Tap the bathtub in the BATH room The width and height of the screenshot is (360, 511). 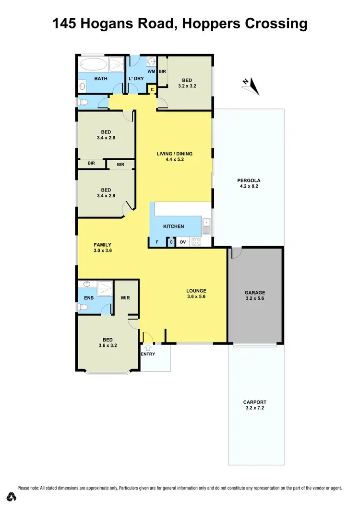pyautogui.click(x=94, y=64)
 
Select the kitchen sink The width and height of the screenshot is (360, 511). pyautogui.click(x=206, y=226)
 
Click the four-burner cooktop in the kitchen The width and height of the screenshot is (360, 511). pyautogui.click(x=196, y=242)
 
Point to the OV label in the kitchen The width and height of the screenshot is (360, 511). pyautogui.click(x=182, y=242)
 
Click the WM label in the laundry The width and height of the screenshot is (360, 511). pyautogui.click(x=151, y=71)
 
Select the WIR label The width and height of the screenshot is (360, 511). pyautogui.click(x=125, y=298)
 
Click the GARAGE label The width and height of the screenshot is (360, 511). pyautogui.click(x=255, y=292)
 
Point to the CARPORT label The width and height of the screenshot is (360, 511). pyautogui.click(x=255, y=402)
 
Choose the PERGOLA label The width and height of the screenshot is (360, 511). pyautogui.click(x=248, y=180)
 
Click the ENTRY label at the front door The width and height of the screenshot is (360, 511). pyautogui.click(x=148, y=354)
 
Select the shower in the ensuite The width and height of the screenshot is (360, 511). pyautogui.click(x=104, y=288)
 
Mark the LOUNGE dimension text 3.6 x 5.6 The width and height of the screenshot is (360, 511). pyautogui.click(x=196, y=297)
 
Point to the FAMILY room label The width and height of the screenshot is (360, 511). pyautogui.click(x=102, y=245)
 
